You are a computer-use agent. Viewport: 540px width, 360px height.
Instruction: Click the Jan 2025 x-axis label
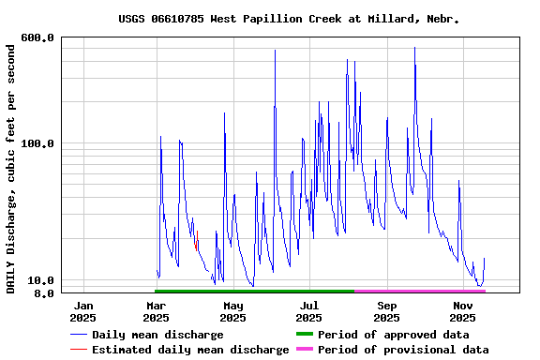[83, 311]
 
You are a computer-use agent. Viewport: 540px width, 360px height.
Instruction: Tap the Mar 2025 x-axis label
[157, 311]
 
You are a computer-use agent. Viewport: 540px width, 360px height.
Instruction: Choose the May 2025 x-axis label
[233, 311]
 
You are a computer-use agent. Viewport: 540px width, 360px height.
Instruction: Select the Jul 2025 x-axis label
[309, 311]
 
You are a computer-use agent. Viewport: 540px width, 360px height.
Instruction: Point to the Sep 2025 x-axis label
[386, 311]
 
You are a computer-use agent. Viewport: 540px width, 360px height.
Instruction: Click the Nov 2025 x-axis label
[462, 311]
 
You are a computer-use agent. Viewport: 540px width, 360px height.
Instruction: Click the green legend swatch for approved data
[304, 335]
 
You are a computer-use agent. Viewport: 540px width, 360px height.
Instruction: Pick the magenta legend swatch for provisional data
[304, 350]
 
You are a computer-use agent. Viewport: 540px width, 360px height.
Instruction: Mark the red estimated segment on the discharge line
[196, 241]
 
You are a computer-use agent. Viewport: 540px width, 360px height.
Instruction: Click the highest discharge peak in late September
[414, 49]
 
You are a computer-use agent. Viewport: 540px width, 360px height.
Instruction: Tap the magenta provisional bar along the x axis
[420, 292]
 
